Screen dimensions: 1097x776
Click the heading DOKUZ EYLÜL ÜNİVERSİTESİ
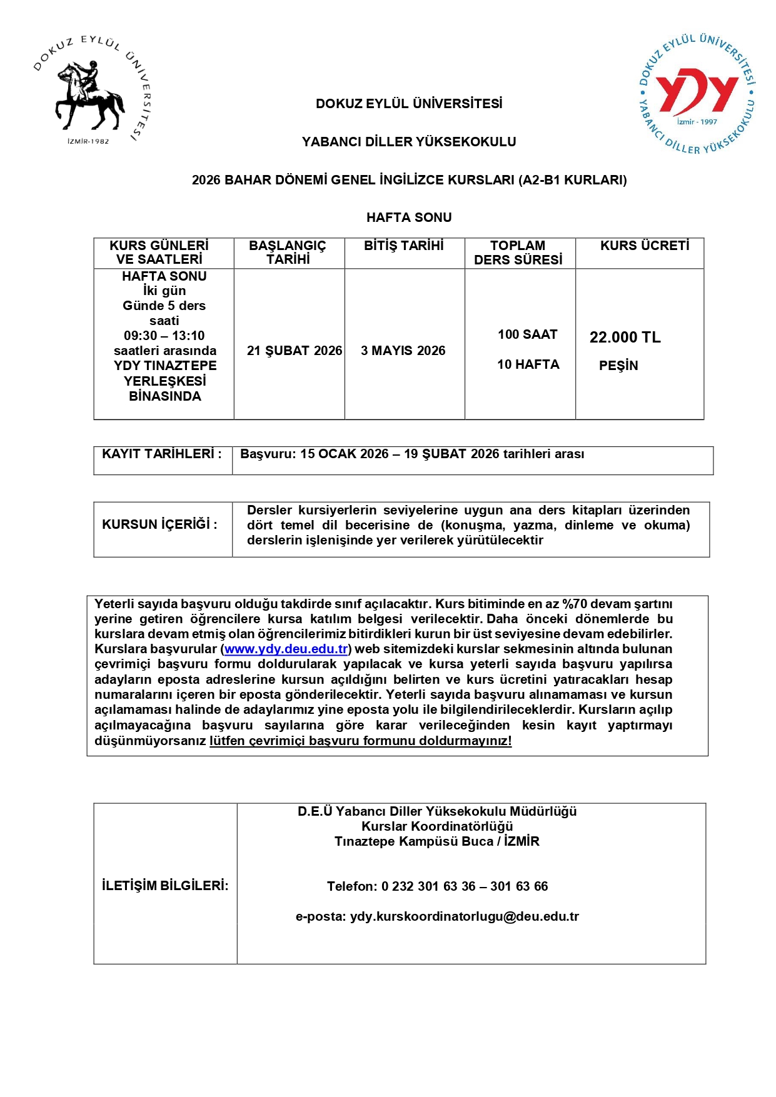click(409, 104)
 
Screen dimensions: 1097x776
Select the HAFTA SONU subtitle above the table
click(409, 218)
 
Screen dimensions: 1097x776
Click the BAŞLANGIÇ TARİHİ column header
click(288, 253)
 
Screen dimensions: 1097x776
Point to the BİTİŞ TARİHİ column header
click(404, 246)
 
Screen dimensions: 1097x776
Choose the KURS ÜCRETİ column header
click(645, 246)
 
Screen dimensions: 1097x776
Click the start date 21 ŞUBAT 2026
click(295, 351)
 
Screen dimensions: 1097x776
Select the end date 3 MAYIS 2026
click(403, 351)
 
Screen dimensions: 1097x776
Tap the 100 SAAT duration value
click(528, 334)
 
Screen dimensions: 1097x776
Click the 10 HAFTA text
click(528, 364)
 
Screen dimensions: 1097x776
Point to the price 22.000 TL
click(625, 338)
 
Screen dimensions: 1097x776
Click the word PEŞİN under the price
click(618, 366)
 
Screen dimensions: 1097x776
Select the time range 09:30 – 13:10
click(164, 336)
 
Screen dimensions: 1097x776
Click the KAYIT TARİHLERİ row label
click(162, 454)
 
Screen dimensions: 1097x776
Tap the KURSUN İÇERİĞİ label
click(159, 524)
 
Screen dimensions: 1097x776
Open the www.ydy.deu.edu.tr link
click(286, 649)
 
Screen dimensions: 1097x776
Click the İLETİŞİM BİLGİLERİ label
click(165, 886)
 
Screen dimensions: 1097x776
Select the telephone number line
click(437, 886)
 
